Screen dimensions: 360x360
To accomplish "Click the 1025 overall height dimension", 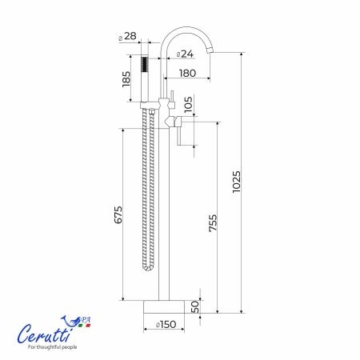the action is coord(236,182).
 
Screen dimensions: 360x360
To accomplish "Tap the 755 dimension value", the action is coord(213,223).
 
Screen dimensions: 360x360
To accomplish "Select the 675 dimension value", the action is coord(118,214).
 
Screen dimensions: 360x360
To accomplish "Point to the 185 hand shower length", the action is coord(126,79).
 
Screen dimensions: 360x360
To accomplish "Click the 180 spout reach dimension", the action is coord(187,73).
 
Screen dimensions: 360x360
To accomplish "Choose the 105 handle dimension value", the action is coord(188,104).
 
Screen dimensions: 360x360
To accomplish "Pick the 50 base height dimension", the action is coord(195,306).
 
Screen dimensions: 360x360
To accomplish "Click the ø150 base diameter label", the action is coord(166,324).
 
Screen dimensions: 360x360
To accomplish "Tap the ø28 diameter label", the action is coord(127,36).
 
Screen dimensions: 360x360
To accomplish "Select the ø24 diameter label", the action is coord(185,54).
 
